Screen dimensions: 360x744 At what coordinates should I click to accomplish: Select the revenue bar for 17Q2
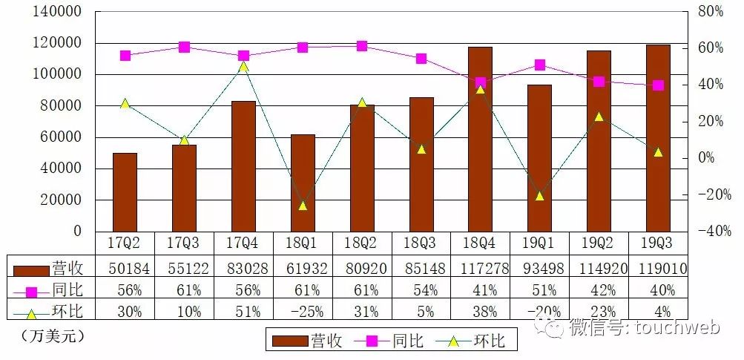pos(125,192)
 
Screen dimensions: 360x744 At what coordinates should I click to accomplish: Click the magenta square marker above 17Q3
pos(185,48)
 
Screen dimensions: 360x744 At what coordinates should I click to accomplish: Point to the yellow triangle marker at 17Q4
pos(243,66)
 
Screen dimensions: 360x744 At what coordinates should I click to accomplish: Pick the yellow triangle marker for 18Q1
pos(303,205)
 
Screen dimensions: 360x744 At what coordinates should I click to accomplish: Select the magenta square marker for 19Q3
pos(658,85)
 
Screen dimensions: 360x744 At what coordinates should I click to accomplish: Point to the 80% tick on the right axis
pos(711,12)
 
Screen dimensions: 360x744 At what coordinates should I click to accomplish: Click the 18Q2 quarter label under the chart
pos(361,243)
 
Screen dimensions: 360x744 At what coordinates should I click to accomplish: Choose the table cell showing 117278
pos(481,267)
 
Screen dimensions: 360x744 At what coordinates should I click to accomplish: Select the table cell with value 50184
pos(125,267)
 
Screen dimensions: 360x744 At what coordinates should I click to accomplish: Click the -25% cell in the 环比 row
pos(303,311)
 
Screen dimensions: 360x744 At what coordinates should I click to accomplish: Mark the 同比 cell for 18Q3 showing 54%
pos(421,289)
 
